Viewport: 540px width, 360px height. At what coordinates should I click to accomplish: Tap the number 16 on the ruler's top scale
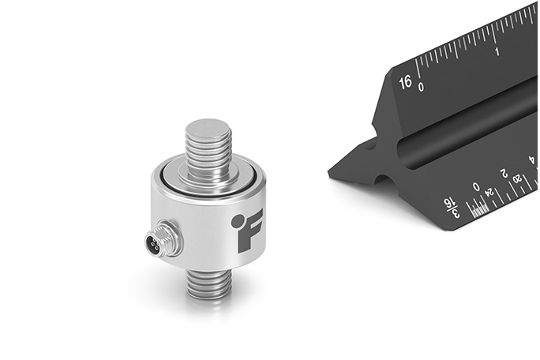point(406,81)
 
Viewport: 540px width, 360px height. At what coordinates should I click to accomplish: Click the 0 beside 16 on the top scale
point(422,86)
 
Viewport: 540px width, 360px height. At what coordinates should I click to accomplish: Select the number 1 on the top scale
point(497,51)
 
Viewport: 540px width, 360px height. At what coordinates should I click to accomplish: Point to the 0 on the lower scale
point(475,188)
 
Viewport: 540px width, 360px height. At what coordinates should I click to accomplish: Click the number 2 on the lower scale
point(503,173)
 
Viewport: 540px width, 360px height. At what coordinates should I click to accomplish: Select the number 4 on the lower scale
point(531,160)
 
